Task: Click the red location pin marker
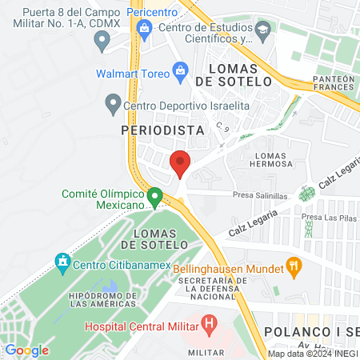click(180, 163)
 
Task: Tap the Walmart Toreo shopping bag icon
click(181, 73)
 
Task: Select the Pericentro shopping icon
click(144, 31)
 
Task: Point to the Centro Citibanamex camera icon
click(62, 261)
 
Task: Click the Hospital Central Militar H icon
click(210, 324)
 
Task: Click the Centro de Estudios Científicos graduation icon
click(262, 30)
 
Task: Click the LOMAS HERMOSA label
click(272, 160)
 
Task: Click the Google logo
click(26, 350)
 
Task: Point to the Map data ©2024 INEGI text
click(312, 354)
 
